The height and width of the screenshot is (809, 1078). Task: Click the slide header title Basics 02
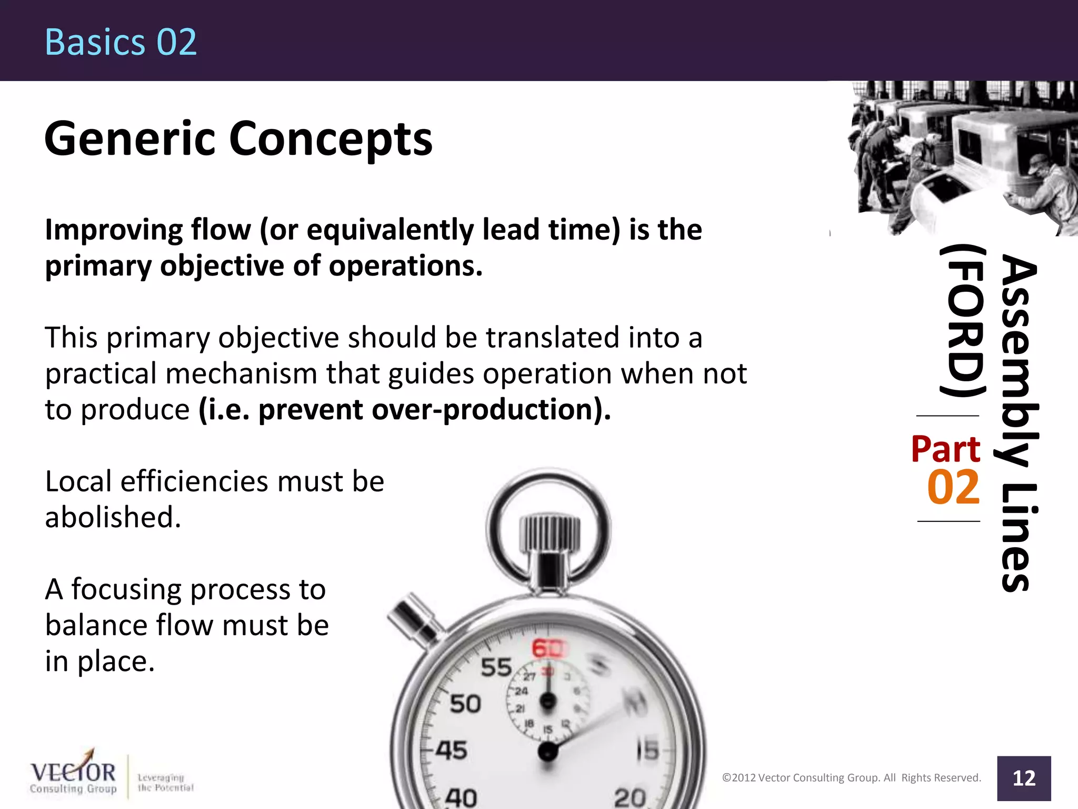[121, 42]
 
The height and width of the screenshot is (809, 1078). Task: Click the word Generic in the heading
[129, 139]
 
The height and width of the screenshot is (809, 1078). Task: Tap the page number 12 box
[1023, 778]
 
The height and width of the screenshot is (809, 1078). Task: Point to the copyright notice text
[851, 778]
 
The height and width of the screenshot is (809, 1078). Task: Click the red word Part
[945, 449]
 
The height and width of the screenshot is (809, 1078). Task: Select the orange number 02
[953, 488]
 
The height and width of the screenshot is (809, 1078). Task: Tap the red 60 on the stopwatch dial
[547, 648]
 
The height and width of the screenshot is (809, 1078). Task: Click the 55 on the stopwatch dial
[496, 667]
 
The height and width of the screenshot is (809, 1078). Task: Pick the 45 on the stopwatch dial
[452, 750]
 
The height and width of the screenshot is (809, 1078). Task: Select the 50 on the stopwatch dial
[465, 704]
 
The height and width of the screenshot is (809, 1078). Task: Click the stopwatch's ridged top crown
[549, 533]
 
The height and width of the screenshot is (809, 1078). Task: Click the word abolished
[113, 517]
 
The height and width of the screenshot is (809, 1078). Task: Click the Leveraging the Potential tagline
[165, 783]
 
